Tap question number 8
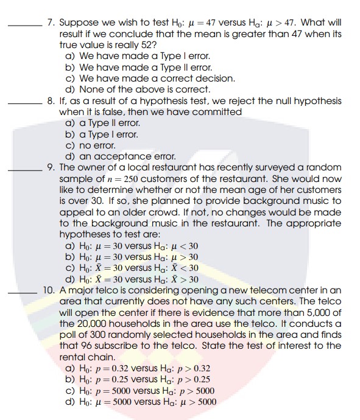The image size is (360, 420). (x=51, y=101)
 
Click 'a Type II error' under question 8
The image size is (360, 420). (x=100, y=123)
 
